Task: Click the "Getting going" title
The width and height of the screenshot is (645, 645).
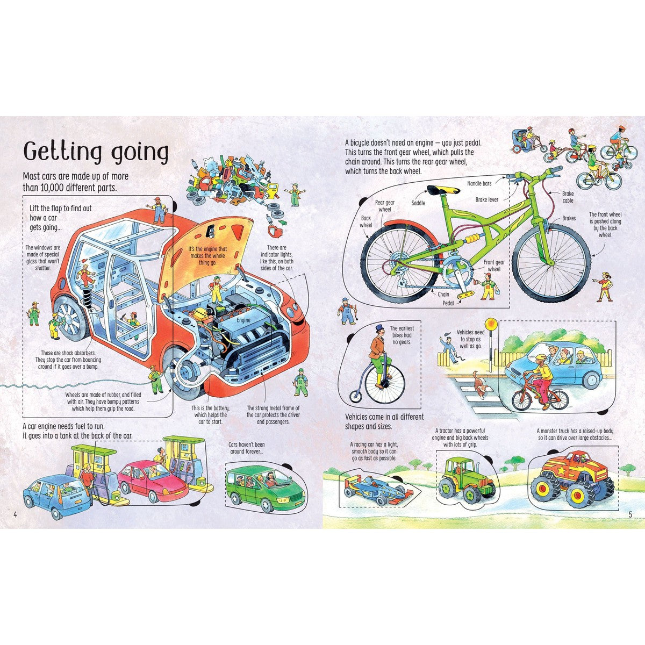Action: click(96, 153)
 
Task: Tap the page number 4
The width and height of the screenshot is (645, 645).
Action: click(15, 514)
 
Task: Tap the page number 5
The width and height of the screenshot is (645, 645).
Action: click(630, 514)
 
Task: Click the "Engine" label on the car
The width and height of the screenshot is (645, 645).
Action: click(243, 320)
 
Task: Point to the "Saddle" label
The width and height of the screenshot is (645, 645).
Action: click(418, 203)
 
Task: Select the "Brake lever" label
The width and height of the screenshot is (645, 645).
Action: click(486, 199)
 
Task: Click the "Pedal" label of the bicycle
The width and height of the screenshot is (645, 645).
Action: click(448, 303)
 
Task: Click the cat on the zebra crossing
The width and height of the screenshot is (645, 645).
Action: click(479, 384)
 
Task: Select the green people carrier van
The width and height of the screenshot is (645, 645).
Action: click(265, 489)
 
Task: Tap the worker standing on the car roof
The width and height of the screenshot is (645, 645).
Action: click(159, 210)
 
